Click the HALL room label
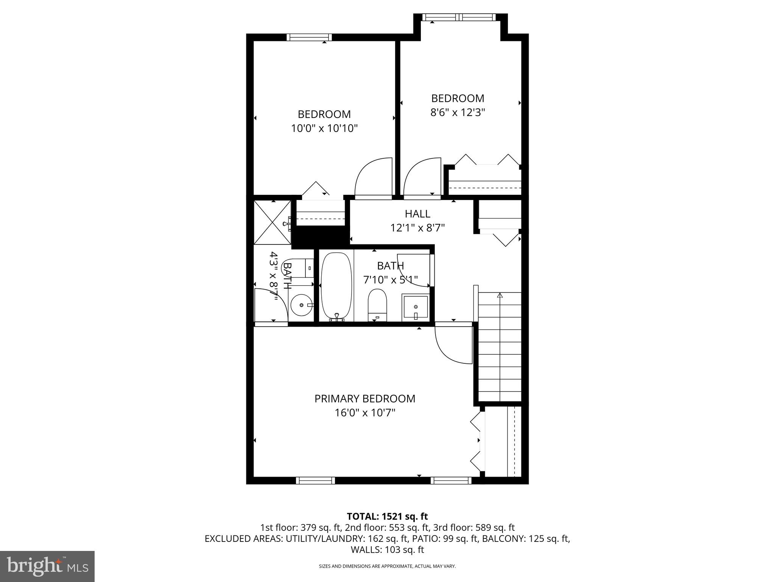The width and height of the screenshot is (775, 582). click(417, 214)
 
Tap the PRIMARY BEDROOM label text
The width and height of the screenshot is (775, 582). click(365, 399)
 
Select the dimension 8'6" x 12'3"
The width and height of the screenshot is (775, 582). click(458, 113)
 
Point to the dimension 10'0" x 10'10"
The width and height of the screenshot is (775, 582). click(324, 128)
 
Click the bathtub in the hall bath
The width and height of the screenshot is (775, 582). click(336, 285)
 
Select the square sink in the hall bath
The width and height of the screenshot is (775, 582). click(416, 306)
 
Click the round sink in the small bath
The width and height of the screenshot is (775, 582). click(302, 305)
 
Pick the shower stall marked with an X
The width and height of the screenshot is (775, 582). click(272, 222)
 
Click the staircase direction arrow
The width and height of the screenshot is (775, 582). click(500, 296)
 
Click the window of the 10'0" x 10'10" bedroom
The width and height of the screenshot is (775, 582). click(309, 37)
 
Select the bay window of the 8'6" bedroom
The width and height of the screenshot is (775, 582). click(459, 17)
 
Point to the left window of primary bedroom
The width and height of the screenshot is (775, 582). click(315, 480)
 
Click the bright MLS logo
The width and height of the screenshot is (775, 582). click(47, 566)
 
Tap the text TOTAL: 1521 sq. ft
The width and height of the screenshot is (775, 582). click(387, 516)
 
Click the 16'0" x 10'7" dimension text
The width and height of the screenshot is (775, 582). click(365, 413)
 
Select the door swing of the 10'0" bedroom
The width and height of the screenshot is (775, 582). click(373, 178)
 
